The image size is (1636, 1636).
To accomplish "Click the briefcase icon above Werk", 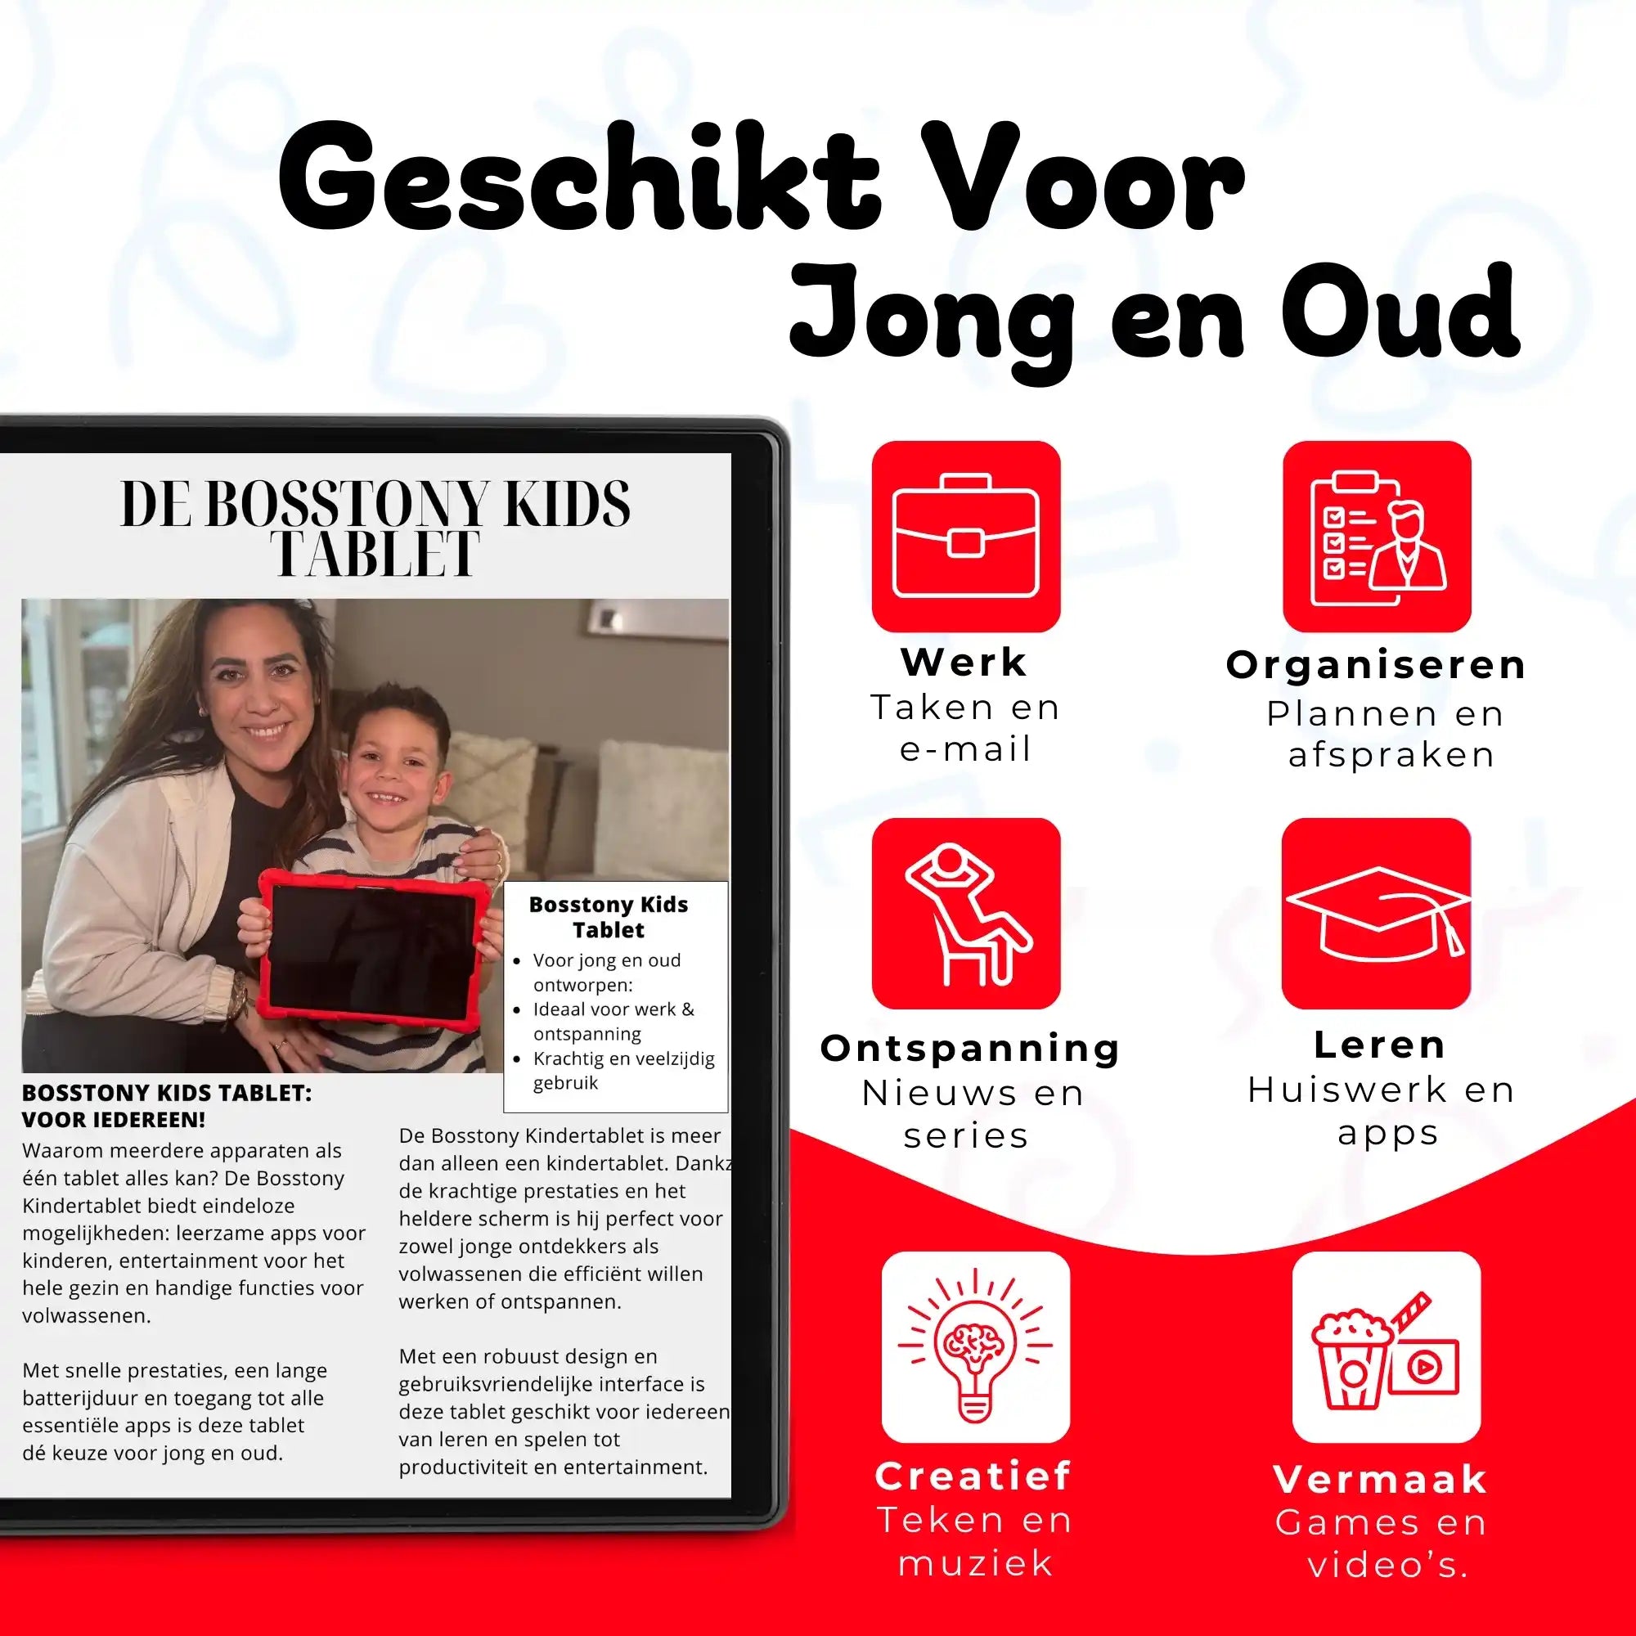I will click(965, 536).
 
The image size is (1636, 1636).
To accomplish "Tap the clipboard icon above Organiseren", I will click(1376, 536).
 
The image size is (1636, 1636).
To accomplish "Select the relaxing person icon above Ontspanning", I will click(965, 913).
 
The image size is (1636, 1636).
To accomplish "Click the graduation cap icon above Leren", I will click(1376, 913).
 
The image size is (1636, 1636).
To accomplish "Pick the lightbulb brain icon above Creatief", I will click(976, 1346).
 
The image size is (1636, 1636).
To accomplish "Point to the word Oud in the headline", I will click(1400, 313).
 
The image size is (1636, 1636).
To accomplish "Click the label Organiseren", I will click(1376, 665).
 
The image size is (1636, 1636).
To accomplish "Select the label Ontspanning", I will click(970, 1048).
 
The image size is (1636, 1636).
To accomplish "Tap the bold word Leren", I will click(1379, 1045).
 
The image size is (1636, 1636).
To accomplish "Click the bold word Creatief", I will click(973, 1476).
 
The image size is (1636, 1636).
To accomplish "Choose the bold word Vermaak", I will click(1381, 1479).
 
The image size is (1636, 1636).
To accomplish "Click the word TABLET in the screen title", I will click(375, 555).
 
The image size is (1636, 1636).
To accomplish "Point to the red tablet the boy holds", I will click(370, 950).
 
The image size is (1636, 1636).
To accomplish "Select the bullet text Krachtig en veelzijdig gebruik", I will click(622, 1070).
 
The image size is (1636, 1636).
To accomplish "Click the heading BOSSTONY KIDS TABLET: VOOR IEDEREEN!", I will click(167, 1106).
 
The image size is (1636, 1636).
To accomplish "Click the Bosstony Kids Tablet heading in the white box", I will click(608, 916).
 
